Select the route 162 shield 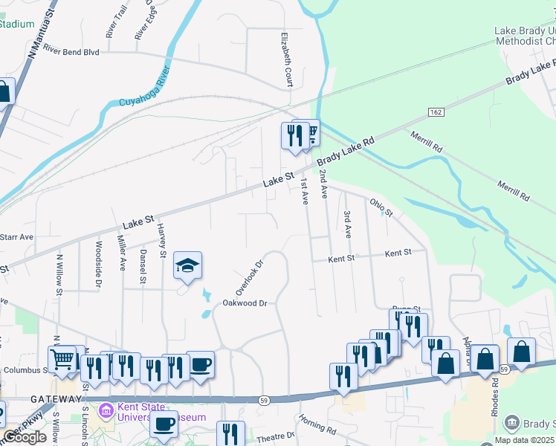tap(436, 111)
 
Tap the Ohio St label tap(381, 207)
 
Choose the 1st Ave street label tap(304, 192)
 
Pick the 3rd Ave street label tap(347, 223)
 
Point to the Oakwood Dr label tap(245, 303)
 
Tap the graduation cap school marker tap(188, 265)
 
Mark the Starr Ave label tap(16, 237)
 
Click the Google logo tap(25, 438)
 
